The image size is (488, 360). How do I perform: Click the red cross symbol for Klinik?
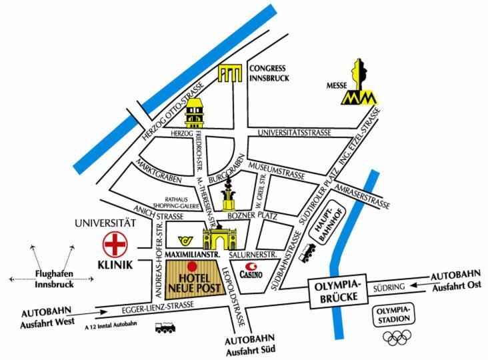click(x=115, y=244)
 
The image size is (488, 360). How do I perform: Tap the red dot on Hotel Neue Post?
click(x=192, y=267)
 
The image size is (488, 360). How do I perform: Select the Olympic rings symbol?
click(x=397, y=337)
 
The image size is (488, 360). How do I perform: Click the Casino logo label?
click(x=251, y=271)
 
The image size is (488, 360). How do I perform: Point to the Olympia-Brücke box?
click(x=338, y=291)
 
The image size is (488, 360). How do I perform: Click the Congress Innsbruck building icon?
click(x=230, y=73)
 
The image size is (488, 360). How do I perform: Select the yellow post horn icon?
click(x=186, y=240)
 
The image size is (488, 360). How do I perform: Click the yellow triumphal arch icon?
click(x=220, y=238)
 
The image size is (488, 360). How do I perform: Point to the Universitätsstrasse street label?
click(x=295, y=133)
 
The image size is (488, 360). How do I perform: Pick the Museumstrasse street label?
click(x=277, y=171)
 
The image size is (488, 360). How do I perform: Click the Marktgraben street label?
click(x=159, y=171)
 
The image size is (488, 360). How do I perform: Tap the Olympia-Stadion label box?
click(x=393, y=315)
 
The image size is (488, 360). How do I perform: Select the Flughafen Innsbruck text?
click(x=54, y=279)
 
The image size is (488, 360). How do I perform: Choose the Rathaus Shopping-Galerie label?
click(x=176, y=203)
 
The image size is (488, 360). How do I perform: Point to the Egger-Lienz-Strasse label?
click(x=158, y=308)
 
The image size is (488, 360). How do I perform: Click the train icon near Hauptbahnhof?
click(x=307, y=253)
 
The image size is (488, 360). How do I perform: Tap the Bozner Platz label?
click(x=252, y=215)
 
